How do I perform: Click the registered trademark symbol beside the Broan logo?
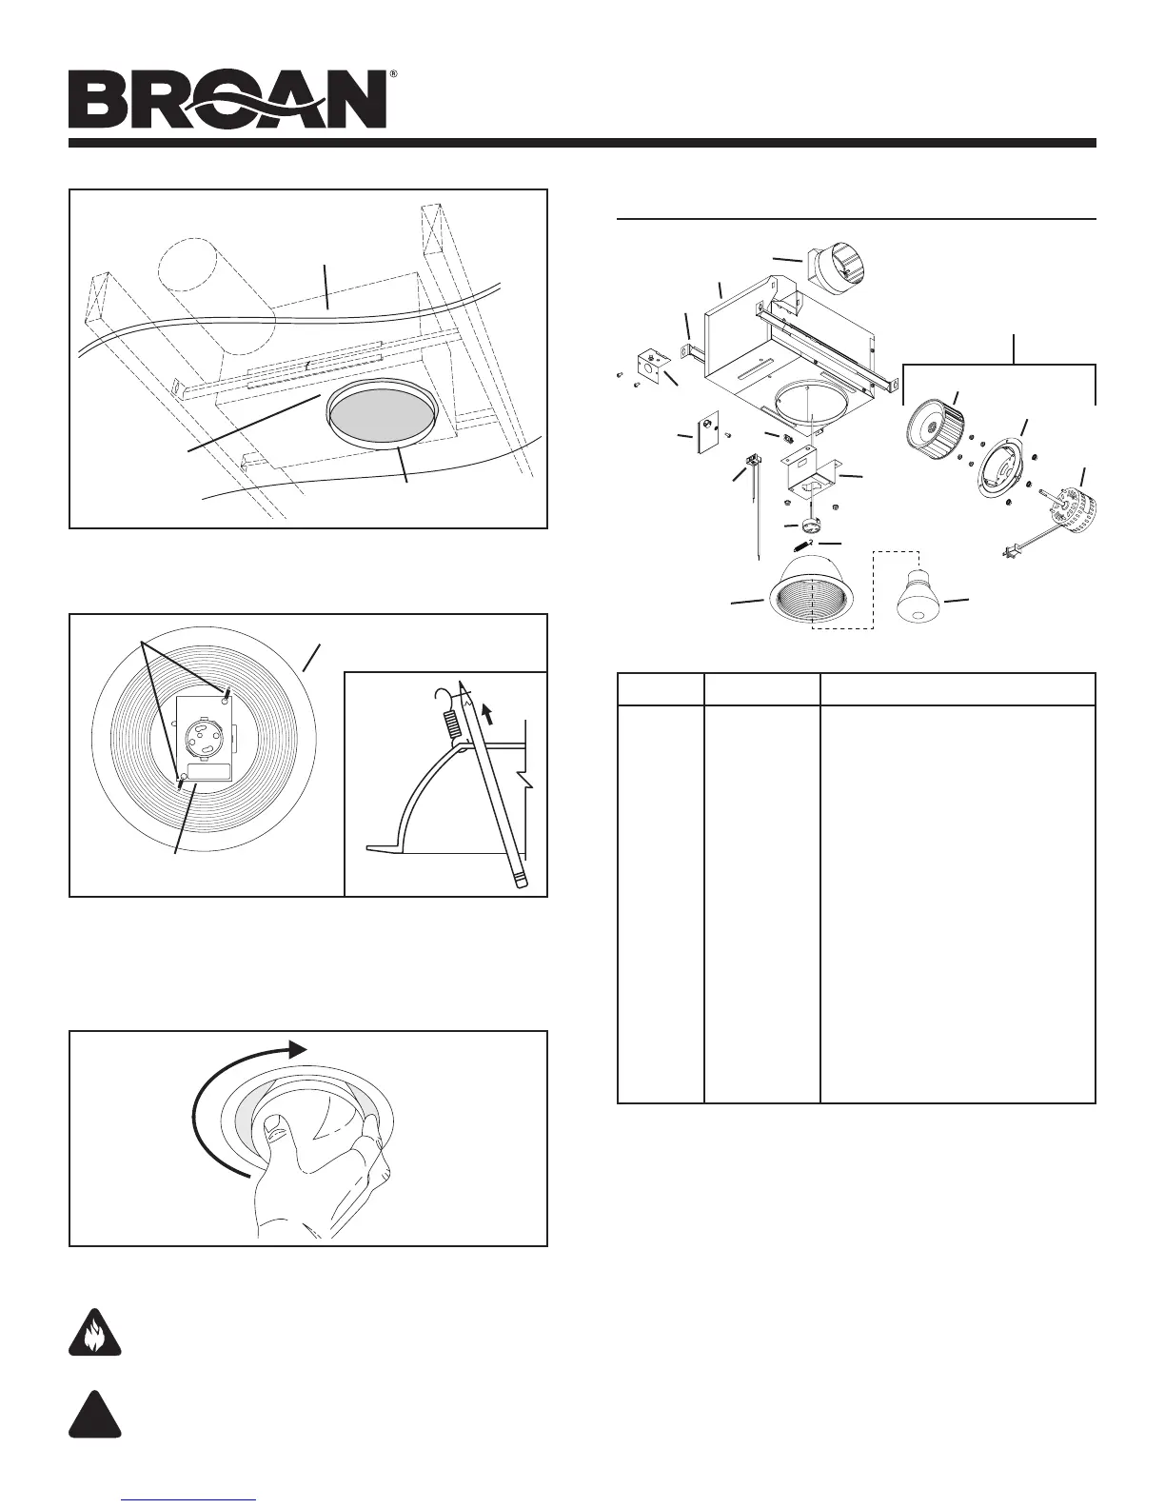pyautogui.click(x=392, y=73)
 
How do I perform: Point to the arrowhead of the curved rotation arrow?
pyautogui.click(x=299, y=1048)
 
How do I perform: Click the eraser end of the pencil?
pyautogui.click(x=520, y=880)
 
